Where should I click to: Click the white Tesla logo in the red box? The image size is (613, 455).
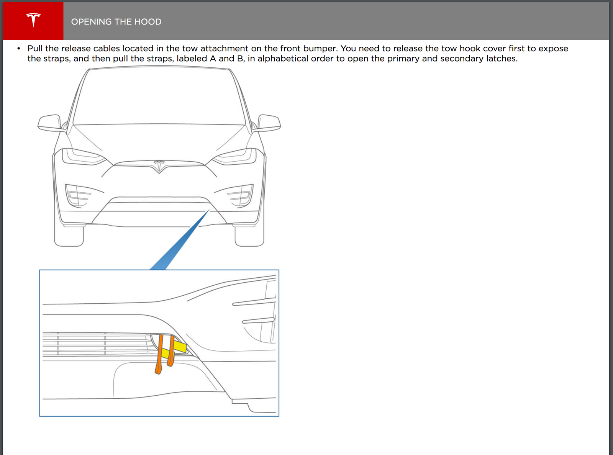tap(33, 20)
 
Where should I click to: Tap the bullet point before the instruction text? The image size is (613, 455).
tap(19, 49)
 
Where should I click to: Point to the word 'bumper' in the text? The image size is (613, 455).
tap(320, 49)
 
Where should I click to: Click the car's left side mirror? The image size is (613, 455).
tap(50, 123)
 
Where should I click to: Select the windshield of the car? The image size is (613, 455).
tap(159, 97)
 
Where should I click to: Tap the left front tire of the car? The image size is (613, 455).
tap(69, 235)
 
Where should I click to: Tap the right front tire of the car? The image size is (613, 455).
tap(249, 235)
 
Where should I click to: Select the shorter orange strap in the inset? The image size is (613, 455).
tap(171, 351)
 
